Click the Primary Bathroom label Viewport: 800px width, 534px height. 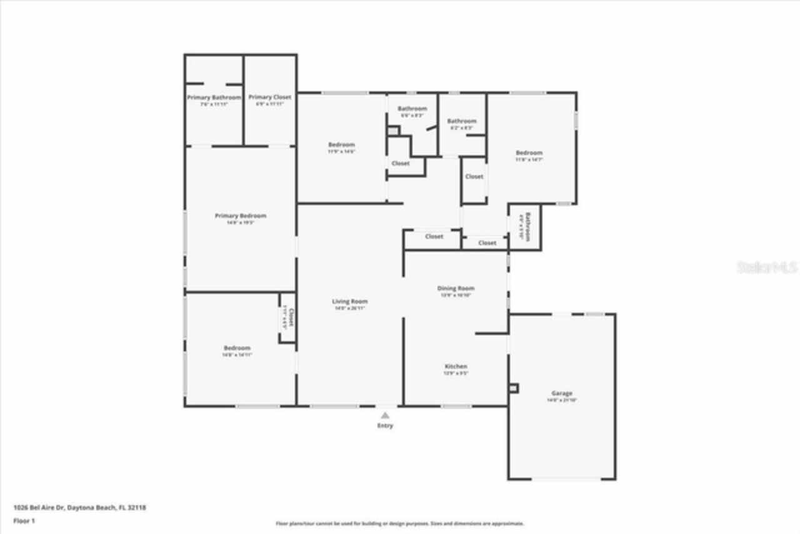[x=214, y=98]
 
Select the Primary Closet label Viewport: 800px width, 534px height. [x=270, y=97]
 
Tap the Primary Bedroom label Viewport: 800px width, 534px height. [x=241, y=216]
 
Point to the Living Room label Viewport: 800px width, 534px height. [x=350, y=301]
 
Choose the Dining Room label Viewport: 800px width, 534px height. [x=456, y=288]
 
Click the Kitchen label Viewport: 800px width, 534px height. [x=456, y=366]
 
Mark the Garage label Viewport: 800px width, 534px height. [x=561, y=393]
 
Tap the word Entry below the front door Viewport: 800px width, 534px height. [x=386, y=426]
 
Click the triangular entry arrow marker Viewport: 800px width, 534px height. [x=386, y=415]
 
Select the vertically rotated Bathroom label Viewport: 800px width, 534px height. [x=527, y=226]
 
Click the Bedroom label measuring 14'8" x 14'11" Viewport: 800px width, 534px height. [x=237, y=348]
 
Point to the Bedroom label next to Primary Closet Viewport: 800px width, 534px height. [x=341, y=145]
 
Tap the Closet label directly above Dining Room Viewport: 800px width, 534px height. [x=434, y=236]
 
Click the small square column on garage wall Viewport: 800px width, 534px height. [x=514, y=388]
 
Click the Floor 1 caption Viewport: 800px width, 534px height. [x=24, y=520]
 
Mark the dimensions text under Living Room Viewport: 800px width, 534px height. [x=350, y=308]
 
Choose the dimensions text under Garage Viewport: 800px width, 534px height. [x=561, y=400]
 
